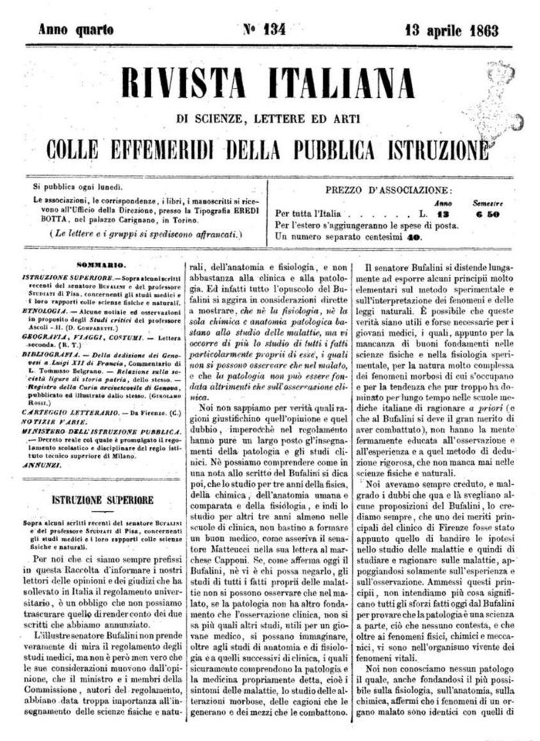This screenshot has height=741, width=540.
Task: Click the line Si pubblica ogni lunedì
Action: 78,186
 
